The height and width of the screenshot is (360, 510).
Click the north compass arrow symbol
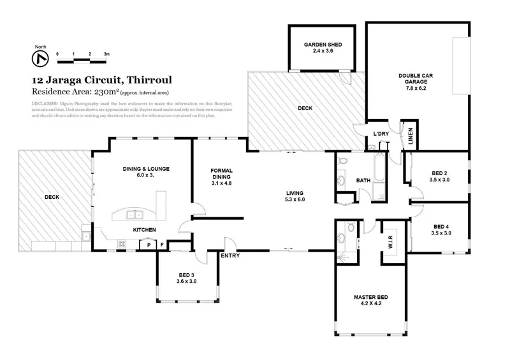(x=40, y=59)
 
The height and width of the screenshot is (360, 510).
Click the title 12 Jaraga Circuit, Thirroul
(x=101, y=81)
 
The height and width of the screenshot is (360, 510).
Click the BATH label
(x=363, y=180)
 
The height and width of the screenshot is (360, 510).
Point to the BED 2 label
(x=441, y=176)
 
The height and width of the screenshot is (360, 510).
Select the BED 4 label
(x=441, y=229)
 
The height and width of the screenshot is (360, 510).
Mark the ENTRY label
(x=229, y=256)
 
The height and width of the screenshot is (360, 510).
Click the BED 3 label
(x=187, y=278)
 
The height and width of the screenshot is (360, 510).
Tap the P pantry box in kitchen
(x=149, y=245)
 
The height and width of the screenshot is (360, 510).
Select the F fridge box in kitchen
(x=163, y=245)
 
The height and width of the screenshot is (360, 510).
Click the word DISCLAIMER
(x=45, y=103)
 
